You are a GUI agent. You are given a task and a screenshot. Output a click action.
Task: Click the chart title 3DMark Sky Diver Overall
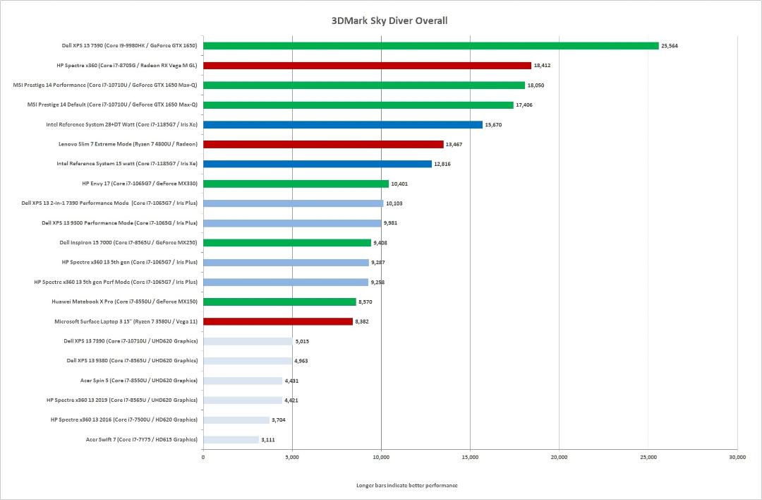tap(389, 21)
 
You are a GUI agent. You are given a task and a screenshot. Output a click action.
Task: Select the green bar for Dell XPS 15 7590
tap(431, 46)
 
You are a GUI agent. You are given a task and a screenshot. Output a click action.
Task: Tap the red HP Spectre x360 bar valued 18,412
tap(368, 65)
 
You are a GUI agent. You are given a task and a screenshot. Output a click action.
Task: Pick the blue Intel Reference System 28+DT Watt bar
tap(343, 124)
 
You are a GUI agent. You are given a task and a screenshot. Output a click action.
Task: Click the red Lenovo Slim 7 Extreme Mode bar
tap(324, 145)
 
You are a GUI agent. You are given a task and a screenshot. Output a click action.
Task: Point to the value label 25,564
tap(669, 46)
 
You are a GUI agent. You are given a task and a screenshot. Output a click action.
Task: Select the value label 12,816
tap(442, 164)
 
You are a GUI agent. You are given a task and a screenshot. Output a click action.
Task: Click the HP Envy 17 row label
tap(140, 184)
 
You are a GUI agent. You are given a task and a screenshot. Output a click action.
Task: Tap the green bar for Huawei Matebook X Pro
tap(280, 302)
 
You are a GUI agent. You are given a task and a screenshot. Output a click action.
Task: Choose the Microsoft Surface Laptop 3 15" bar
tap(278, 321)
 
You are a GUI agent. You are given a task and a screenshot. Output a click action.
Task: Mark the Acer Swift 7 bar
tap(231, 440)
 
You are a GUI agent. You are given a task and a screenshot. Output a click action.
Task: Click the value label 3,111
tap(268, 440)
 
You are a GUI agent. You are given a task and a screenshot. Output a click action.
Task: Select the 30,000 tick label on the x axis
tap(737, 457)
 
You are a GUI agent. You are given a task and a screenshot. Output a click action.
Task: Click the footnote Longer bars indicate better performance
tap(407, 485)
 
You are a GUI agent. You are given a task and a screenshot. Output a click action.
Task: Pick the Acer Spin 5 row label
tap(139, 381)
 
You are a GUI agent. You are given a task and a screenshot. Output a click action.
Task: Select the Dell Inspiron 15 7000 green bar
tap(287, 243)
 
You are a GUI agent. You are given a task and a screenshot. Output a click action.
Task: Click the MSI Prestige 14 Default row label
tap(112, 105)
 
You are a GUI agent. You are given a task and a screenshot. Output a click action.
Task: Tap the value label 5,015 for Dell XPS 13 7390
tap(302, 341)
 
